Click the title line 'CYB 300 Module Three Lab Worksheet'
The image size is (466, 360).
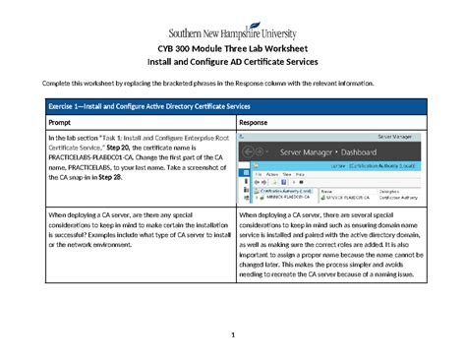click(x=232, y=50)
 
